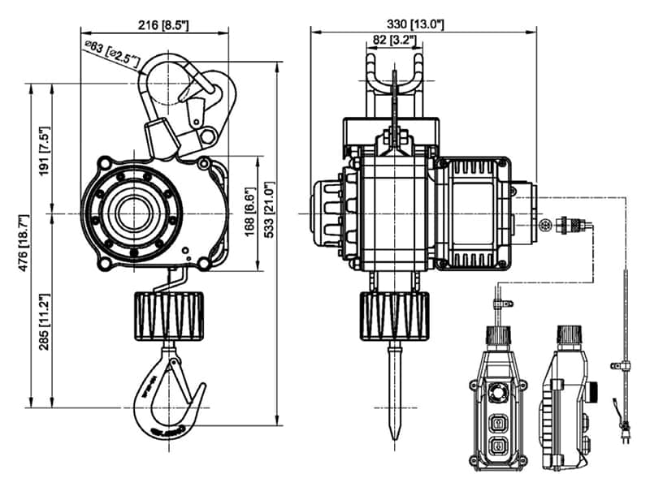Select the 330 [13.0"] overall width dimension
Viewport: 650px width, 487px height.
pos(417,24)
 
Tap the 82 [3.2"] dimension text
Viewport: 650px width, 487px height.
pos(394,40)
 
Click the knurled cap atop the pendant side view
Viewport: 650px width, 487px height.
pos(567,335)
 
